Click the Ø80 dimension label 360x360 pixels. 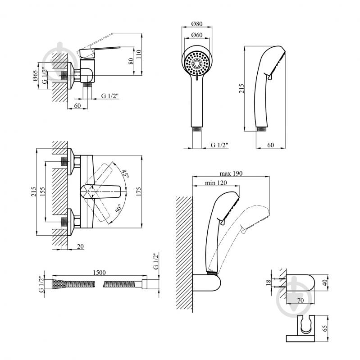point(197,23)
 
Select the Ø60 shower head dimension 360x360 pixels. point(197,35)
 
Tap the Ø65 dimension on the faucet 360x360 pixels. point(35,76)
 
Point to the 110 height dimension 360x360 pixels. point(139,55)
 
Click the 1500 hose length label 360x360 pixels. point(99,273)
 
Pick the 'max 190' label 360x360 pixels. point(231,173)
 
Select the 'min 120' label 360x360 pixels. point(216,183)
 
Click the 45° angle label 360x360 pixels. point(125,174)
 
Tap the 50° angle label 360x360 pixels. point(118,209)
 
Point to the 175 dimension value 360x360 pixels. point(139,191)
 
